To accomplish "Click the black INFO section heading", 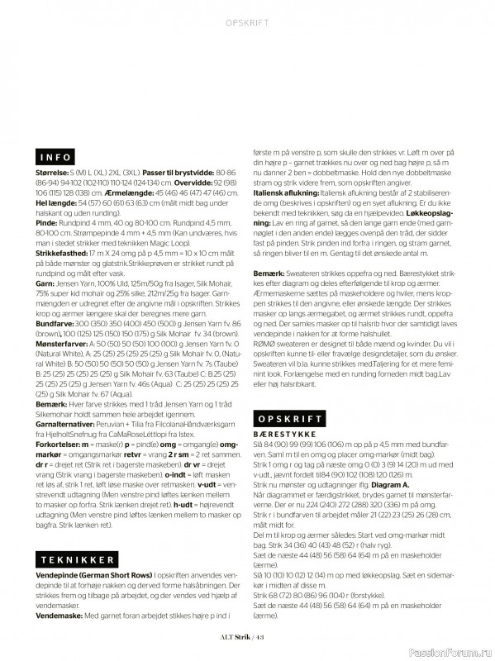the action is (56, 156).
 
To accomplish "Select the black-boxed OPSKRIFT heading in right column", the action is (287, 420).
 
